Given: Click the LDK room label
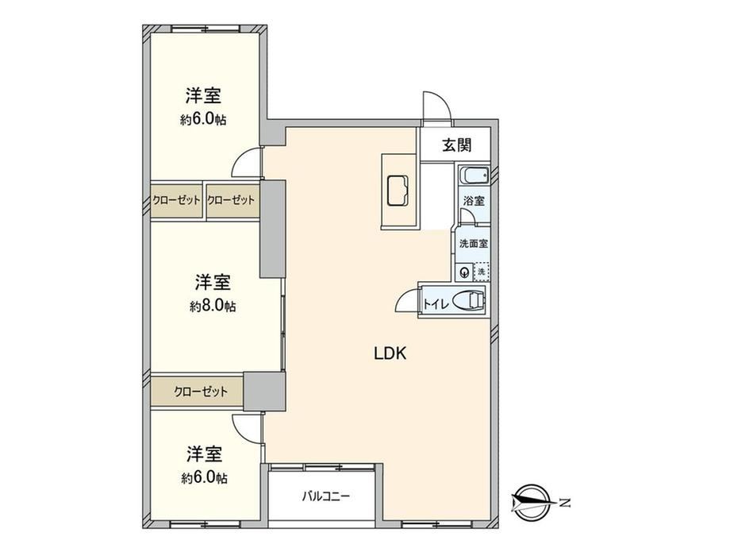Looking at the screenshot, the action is tap(390, 353).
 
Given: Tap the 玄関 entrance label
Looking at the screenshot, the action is tap(457, 145).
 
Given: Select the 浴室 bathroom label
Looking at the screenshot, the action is tap(474, 201).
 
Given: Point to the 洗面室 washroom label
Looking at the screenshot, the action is tap(474, 243).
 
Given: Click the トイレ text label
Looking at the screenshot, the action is tap(436, 305).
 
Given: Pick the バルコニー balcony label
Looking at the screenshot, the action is tap(325, 496).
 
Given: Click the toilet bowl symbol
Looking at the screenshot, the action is tap(469, 300).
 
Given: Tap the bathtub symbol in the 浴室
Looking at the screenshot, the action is tap(474, 176).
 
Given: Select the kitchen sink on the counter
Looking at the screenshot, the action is tap(398, 190).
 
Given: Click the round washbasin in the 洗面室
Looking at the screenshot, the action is tap(464, 272).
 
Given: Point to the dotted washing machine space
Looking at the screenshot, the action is tap(482, 272).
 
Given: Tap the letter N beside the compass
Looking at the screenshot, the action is tap(565, 504).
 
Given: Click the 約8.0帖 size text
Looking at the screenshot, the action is tap(213, 306).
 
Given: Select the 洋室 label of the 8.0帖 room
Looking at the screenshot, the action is tap(213, 283).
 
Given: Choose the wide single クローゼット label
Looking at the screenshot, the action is tap(201, 392).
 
